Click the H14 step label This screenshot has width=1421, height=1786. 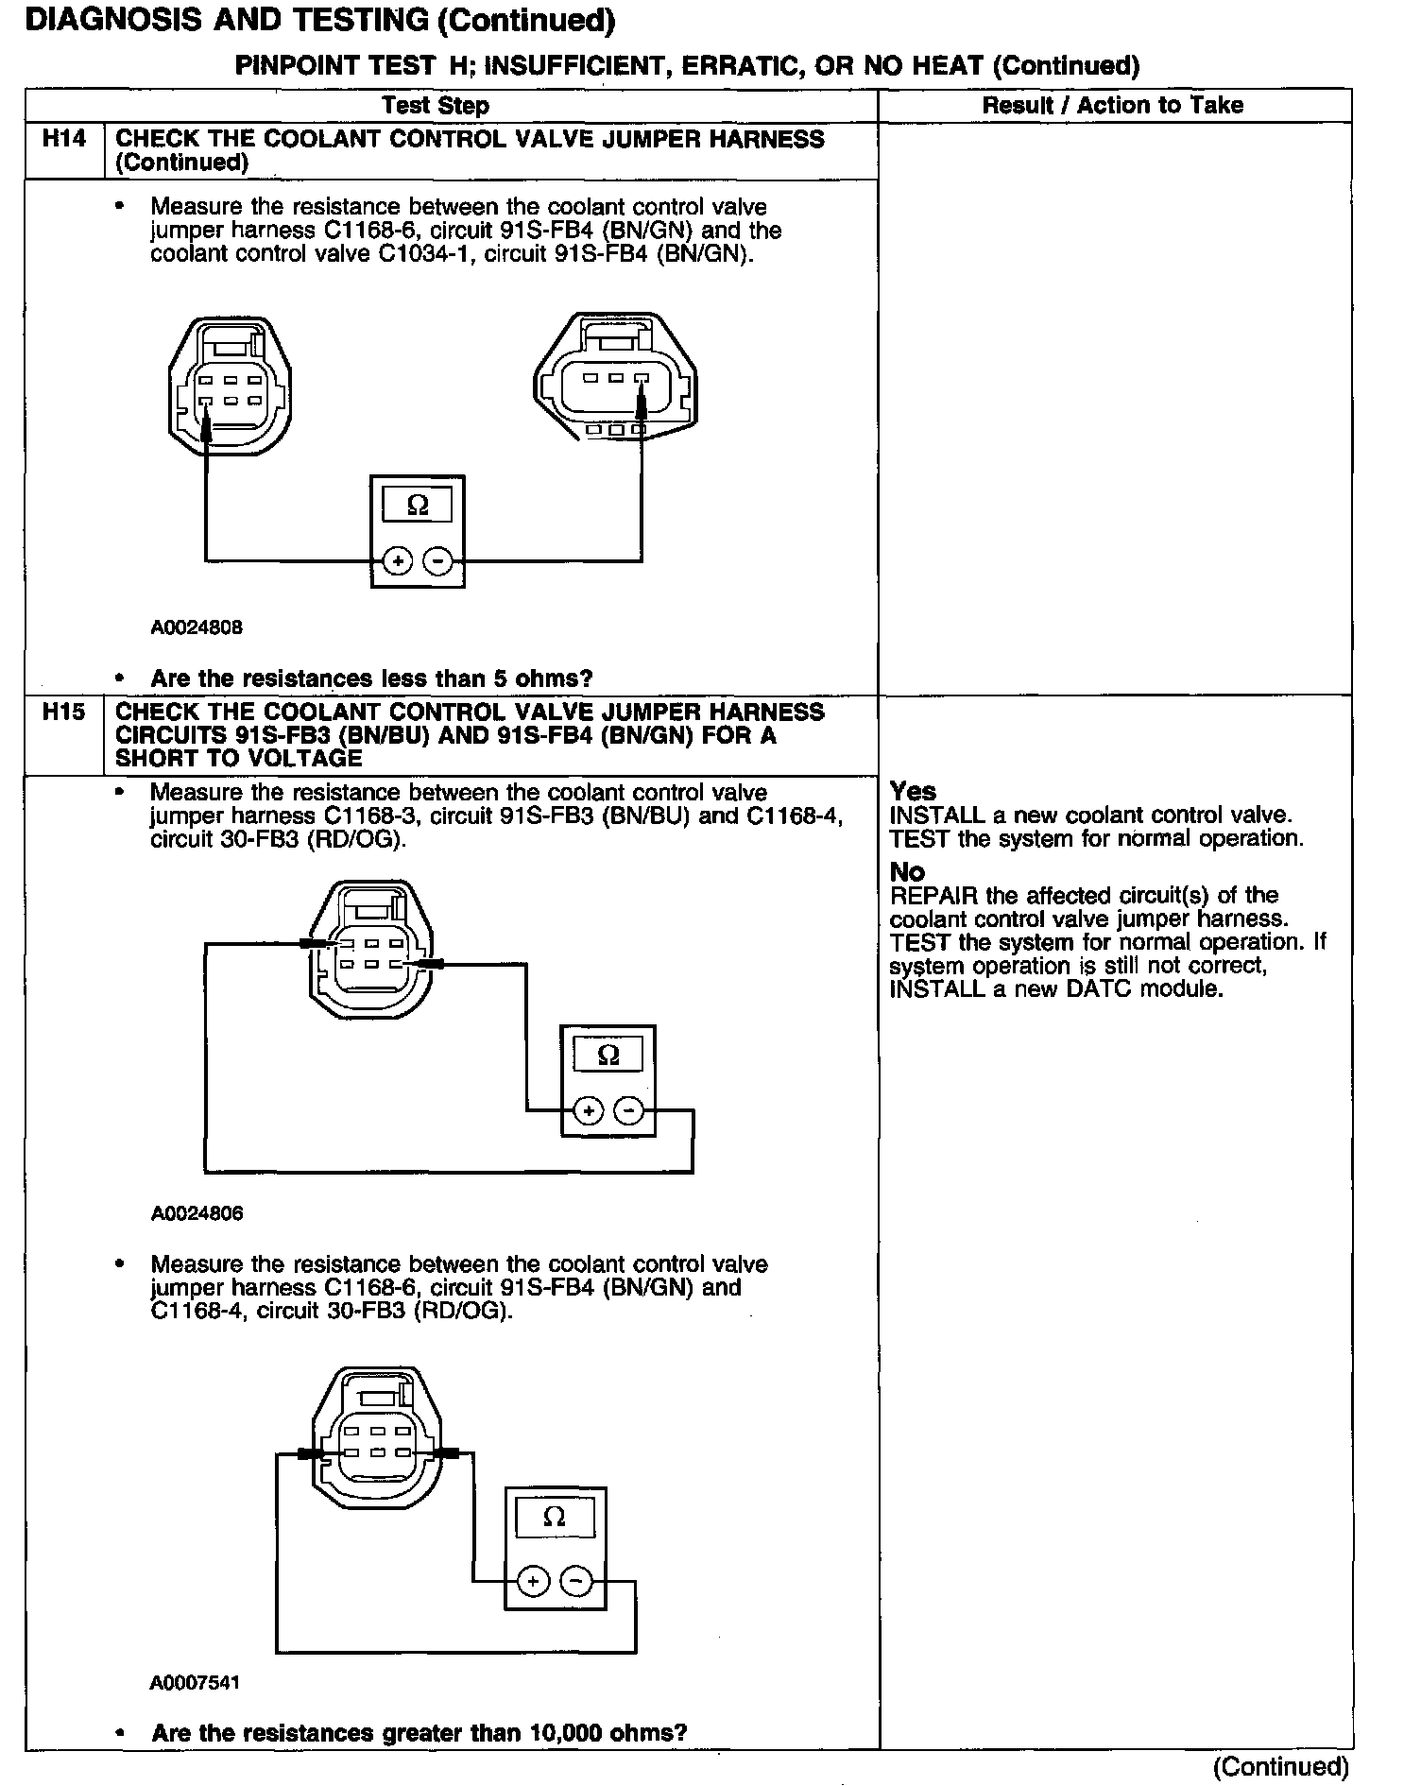tap(64, 139)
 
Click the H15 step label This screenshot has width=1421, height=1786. tap(64, 713)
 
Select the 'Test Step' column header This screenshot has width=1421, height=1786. tap(436, 106)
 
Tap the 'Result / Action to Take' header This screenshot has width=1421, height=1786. tap(1113, 106)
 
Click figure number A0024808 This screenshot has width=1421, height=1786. tap(197, 627)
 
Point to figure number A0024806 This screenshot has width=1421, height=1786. tap(197, 1214)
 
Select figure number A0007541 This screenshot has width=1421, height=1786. tap(195, 1683)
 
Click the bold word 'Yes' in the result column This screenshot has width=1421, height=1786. tap(913, 792)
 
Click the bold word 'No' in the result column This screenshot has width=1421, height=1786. tap(907, 871)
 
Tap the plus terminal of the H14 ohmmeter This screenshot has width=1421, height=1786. tap(397, 561)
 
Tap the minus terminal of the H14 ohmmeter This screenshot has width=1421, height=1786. tap(437, 561)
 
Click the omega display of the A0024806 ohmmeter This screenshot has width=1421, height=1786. tap(608, 1055)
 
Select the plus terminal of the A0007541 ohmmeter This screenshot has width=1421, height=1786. tap(533, 1582)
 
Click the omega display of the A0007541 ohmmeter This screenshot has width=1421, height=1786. tap(555, 1518)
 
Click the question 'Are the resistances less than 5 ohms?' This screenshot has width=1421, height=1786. tap(371, 678)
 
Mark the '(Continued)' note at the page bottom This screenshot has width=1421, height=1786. tap(1280, 1767)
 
